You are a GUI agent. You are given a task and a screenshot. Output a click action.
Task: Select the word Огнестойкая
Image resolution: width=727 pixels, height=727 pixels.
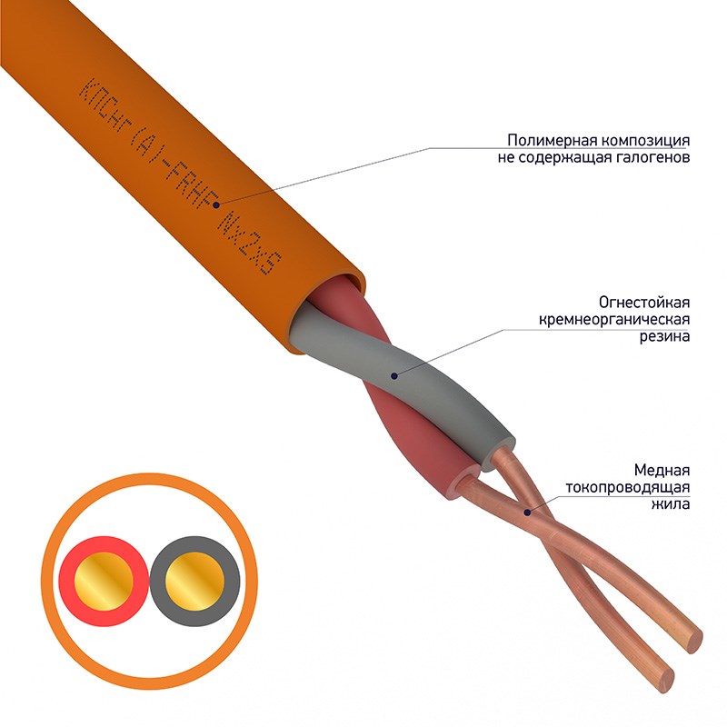[x=644, y=303]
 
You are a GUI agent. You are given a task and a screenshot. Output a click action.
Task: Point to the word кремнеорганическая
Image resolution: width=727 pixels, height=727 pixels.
[x=614, y=320]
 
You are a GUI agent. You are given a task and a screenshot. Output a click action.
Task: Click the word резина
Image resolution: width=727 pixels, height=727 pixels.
[x=665, y=336]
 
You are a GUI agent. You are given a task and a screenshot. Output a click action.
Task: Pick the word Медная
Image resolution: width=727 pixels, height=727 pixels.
[x=662, y=470]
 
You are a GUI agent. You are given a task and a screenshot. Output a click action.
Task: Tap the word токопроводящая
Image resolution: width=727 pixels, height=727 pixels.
[x=627, y=487]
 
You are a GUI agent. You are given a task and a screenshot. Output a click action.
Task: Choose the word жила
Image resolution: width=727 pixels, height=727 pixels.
[x=671, y=503]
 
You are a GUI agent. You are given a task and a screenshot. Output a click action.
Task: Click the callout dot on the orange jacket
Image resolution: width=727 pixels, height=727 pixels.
[x=216, y=204]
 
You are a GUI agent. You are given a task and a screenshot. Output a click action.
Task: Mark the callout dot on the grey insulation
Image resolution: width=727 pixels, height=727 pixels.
[x=394, y=375]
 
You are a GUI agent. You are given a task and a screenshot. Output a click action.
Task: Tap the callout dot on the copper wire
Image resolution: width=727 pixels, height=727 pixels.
[x=527, y=513]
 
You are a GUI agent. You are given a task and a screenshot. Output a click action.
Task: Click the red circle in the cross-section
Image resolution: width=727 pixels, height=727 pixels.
[x=104, y=581]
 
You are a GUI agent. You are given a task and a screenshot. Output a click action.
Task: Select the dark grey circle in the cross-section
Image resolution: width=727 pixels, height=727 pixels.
[x=194, y=581]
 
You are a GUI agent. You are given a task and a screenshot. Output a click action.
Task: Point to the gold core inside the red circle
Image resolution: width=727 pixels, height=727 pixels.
[x=104, y=581]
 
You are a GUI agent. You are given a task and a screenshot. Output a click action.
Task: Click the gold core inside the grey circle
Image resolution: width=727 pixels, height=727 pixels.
[x=194, y=581]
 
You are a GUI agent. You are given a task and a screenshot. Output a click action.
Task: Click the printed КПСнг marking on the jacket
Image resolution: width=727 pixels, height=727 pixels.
[x=103, y=105]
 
